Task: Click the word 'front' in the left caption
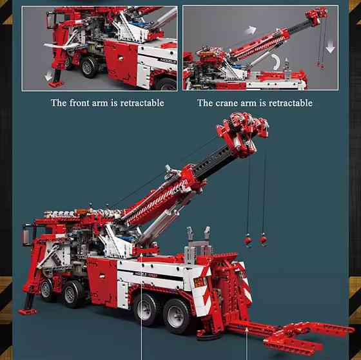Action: tap(79, 102)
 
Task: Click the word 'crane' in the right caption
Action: tap(226, 103)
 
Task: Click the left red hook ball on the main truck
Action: tap(248, 241)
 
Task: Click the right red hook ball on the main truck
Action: tap(263, 240)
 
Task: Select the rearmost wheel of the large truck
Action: tap(176, 316)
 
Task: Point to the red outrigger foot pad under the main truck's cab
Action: tap(27, 312)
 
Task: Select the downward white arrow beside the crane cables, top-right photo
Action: tap(330, 47)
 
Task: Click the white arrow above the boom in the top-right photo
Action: tap(251, 30)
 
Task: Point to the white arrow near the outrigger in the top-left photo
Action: tap(48, 76)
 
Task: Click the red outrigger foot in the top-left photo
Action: tap(55, 84)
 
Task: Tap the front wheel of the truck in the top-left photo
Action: tap(88, 67)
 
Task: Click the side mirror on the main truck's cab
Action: tap(26, 234)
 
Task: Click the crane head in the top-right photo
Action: tap(316, 14)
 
